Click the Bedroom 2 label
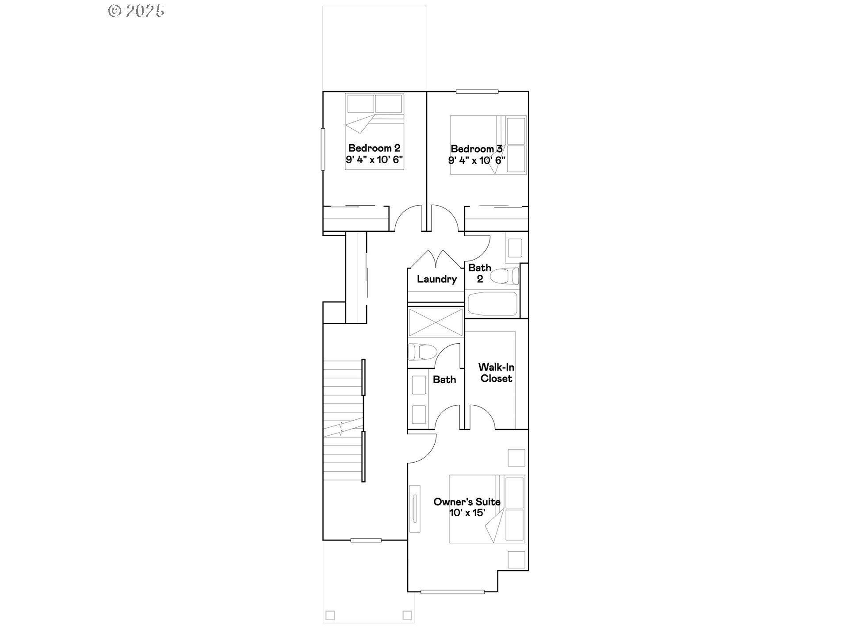click(x=374, y=148)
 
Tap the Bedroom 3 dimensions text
click(x=476, y=160)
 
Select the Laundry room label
click(x=436, y=279)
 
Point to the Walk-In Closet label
click(x=496, y=373)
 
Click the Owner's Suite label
click(x=467, y=502)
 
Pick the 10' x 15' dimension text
click(x=467, y=513)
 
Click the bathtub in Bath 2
click(x=493, y=303)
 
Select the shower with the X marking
click(x=435, y=322)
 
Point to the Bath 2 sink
click(x=514, y=248)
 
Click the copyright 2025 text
click(x=137, y=11)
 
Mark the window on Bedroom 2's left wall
click(x=323, y=149)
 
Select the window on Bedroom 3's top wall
click(x=477, y=92)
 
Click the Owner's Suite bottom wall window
click(x=452, y=592)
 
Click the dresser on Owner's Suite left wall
click(x=415, y=509)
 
